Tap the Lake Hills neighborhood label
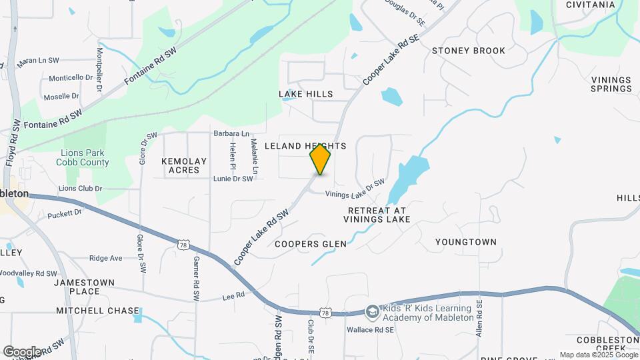pyautogui.click(x=305, y=95)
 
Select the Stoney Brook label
pyautogui.click(x=468, y=51)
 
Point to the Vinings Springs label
pyautogui.click(x=611, y=84)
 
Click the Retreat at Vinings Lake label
pyautogui.click(x=377, y=214)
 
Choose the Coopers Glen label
pyautogui.click(x=311, y=244)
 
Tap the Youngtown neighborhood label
pyautogui.click(x=466, y=241)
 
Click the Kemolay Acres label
pyautogui.click(x=184, y=165)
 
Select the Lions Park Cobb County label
pyautogui.click(x=82, y=157)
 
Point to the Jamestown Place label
pyautogui.click(x=85, y=287)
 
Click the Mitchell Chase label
pyautogui.click(x=97, y=311)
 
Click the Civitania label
pyautogui.click(x=590, y=5)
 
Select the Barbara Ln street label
pyautogui.click(x=231, y=133)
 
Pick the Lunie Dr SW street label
pyautogui.click(x=233, y=179)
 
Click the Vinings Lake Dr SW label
pyautogui.click(x=355, y=189)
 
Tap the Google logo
pyautogui.click(x=22, y=351)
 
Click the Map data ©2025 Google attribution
pyautogui.click(x=598, y=355)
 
